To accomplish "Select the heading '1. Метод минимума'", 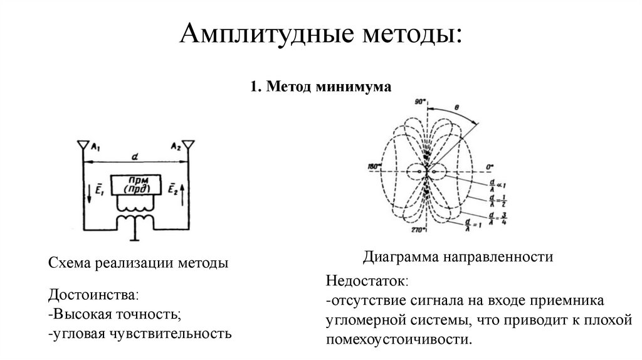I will pos(320,87).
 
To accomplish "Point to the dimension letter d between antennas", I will pos(135,156).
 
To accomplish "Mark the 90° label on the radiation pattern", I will pos(419,101).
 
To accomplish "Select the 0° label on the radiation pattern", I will pos(490,167).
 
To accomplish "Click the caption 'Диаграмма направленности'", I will pos(457,257).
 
